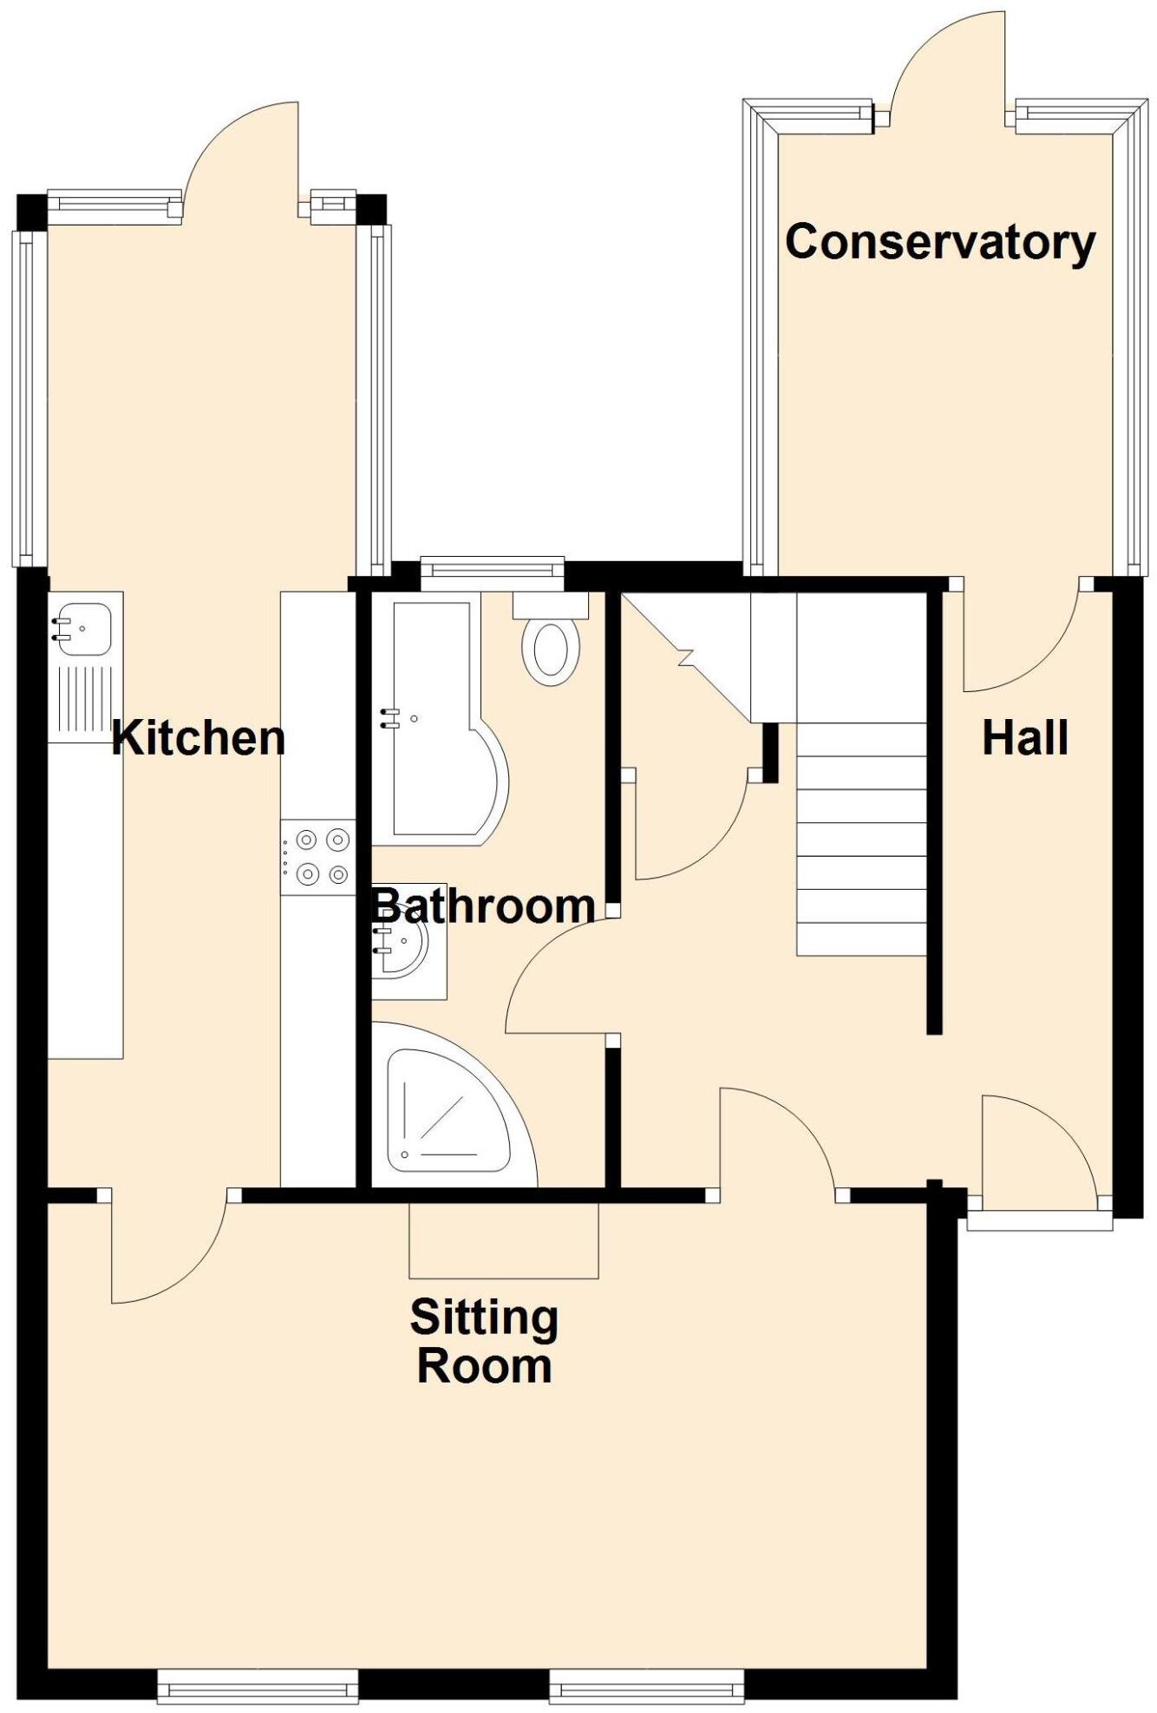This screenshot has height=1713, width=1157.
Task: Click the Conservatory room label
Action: pyautogui.click(x=940, y=242)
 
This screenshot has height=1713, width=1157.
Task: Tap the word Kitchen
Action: pyautogui.click(x=199, y=738)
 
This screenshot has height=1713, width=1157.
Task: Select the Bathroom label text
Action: pyautogui.click(x=483, y=906)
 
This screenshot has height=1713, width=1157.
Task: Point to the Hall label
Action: pyautogui.click(x=1024, y=738)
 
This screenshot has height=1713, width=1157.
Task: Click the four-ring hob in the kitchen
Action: pyautogui.click(x=318, y=857)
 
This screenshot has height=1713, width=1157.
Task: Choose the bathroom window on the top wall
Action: pyautogui.click(x=492, y=567)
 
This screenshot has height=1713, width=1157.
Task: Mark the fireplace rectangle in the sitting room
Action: pyautogui.click(x=503, y=1240)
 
